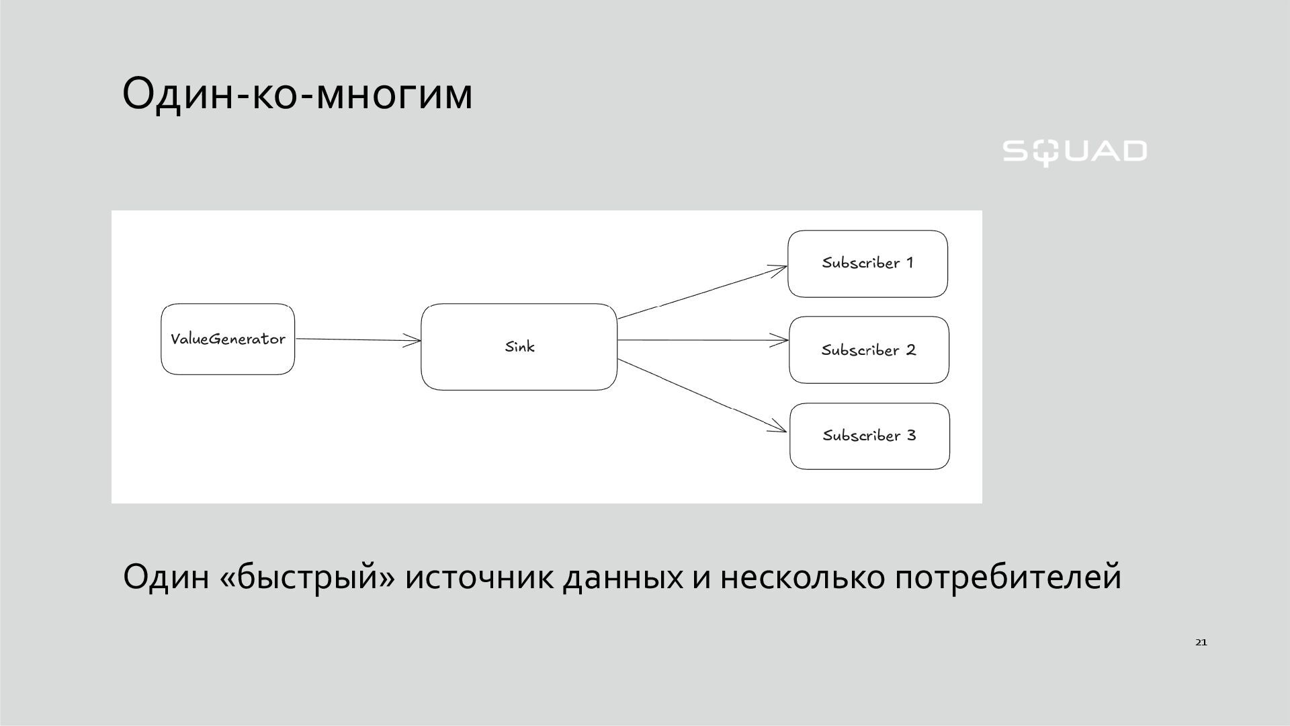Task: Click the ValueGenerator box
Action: pos(228,339)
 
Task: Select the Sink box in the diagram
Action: pos(519,347)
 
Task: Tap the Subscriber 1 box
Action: pos(867,264)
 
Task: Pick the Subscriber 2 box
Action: pos(869,350)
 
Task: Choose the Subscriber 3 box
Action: pos(869,436)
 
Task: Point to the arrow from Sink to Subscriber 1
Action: pos(702,292)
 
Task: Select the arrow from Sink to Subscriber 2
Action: pos(702,341)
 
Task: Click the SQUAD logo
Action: pos(1074,152)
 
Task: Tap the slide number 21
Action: pos(1201,643)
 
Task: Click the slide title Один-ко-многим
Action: pos(298,93)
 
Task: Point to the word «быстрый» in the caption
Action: pos(307,577)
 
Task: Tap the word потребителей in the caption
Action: pos(1008,577)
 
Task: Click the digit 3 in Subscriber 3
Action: pos(911,436)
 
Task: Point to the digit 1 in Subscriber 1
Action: pos(910,263)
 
